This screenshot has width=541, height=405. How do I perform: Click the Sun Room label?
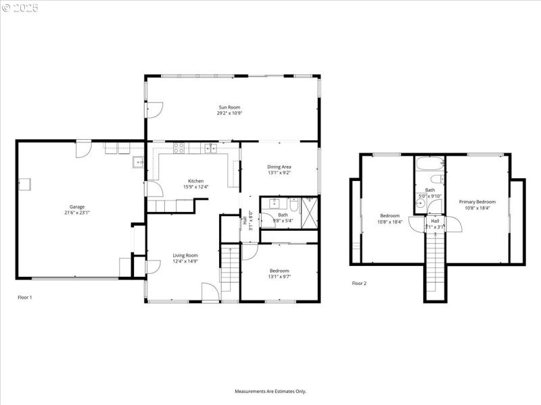(229, 107)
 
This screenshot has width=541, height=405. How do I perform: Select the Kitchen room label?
(195, 181)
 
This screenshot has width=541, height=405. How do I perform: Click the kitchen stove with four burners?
(180, 147)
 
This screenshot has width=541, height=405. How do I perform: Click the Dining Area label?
(279, 167)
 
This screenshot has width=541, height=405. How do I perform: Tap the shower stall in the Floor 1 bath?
(310, 213)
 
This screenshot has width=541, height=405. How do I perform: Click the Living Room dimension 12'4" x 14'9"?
(185, 261)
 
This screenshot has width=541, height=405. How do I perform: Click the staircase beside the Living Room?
(230, 269)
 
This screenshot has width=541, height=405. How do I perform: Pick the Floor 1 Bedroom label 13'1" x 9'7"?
(279, 275)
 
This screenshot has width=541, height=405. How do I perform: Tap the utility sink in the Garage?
(137, 161)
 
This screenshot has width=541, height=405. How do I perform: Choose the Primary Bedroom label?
(477, 202)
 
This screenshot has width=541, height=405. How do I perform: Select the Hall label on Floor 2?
(435, 221)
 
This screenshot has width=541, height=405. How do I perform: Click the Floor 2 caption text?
(359, 283)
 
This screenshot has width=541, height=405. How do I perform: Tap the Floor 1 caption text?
(24, 297)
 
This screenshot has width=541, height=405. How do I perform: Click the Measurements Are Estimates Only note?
(270, 391)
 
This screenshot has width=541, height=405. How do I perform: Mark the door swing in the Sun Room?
(154, 108)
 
